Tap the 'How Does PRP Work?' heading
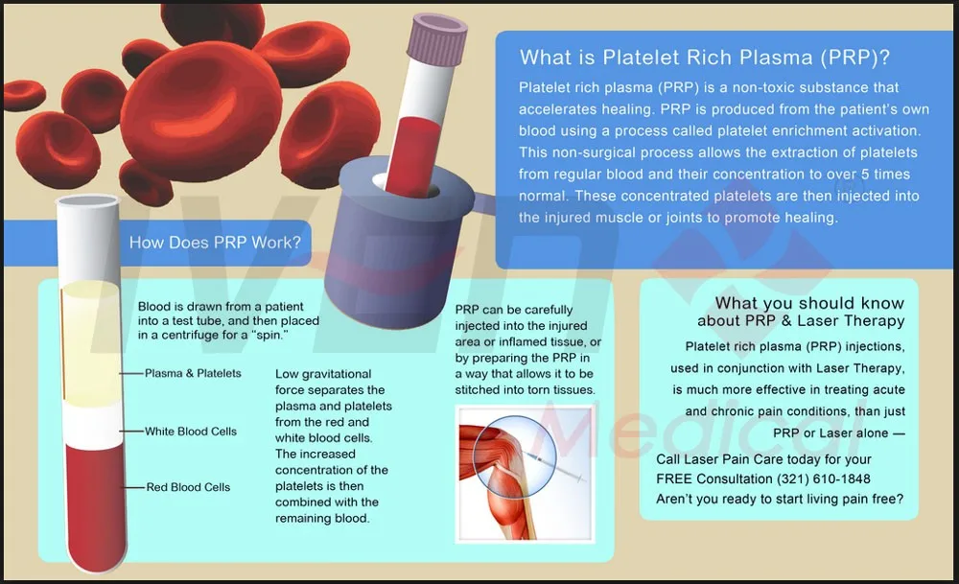pos(215,243)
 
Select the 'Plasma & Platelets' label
pos(193,373)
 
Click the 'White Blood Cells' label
pos(190,432)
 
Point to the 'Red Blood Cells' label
pos(188,487)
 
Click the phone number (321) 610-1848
pos(823,479)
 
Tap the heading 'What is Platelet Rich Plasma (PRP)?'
pos(705,57)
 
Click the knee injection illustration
pos(525,474)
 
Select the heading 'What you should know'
pos(809,303)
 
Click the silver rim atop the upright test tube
pos(87,201)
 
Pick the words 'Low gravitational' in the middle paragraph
pos(323,374)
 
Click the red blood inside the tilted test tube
pos(411,157)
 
